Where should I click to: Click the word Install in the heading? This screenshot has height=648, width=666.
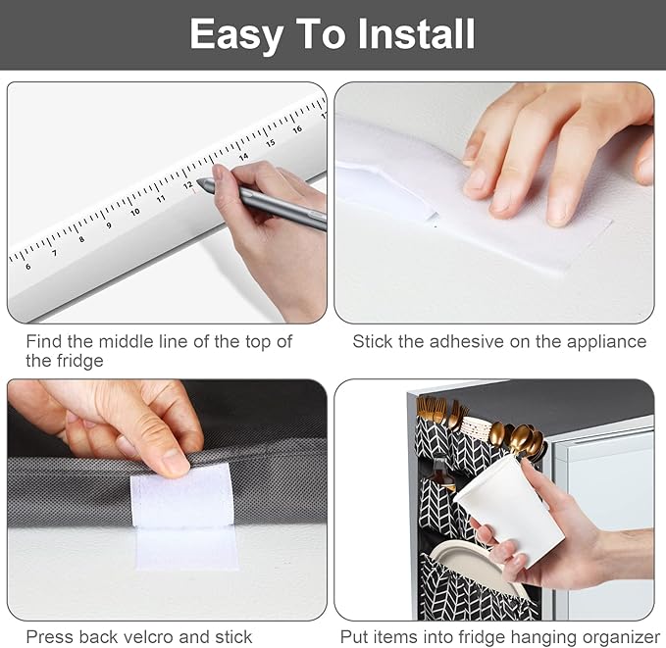tap(416, 34)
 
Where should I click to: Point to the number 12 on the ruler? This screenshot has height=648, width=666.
tap(188, 185)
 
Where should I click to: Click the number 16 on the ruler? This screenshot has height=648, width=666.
tap(297, 129)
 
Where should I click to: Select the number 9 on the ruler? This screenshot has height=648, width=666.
tap(109, 225)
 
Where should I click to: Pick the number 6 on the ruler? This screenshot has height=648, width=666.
tap(28, 267)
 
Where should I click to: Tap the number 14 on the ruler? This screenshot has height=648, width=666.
tap(243, 157)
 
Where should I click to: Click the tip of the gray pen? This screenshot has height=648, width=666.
tap(198, 181)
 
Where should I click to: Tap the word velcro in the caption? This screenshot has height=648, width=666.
tap(147, 637)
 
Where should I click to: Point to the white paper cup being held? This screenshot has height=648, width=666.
tap(509, 508)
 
